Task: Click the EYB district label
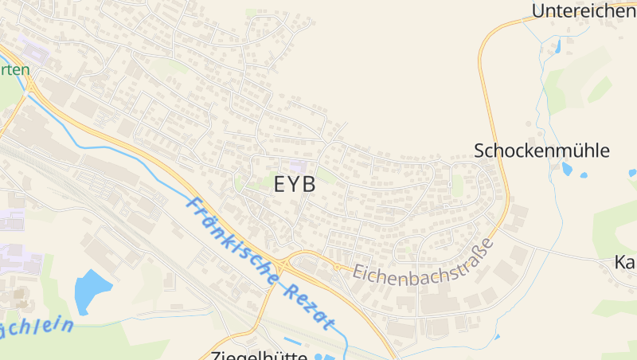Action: [295, 184]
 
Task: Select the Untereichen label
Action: [583, 10]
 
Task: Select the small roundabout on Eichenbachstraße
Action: [337, 267]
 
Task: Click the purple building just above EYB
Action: [298, 166]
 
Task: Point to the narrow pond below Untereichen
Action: [558, 45]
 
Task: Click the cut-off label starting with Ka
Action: [626, 262]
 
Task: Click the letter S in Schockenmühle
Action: [481, 151]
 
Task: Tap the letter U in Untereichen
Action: [539, 10]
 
